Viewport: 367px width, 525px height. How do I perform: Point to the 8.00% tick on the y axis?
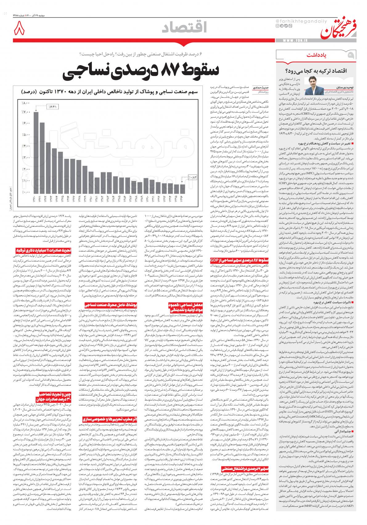26,103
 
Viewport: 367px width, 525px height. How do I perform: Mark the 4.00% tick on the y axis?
26,146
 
